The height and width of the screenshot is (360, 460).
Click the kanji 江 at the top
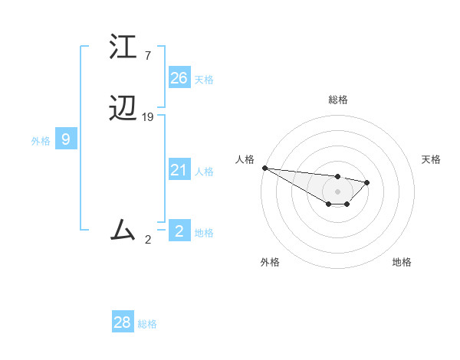pos(123,47)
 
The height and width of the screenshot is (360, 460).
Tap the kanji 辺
pos(123,109)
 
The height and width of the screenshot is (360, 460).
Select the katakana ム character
pos(123,229)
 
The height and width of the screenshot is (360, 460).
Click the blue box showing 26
pos(179,77)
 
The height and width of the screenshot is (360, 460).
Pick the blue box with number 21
pos(179,170)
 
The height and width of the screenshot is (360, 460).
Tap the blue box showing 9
pos(66,139)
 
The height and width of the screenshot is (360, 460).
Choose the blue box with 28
pos(123,322)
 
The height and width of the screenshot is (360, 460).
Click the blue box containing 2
pos(179,231)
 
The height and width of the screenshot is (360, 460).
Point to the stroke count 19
pos(148,117)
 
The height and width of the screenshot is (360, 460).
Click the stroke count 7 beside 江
pos(147,56)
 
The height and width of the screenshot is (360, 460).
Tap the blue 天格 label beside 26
pos(204,79)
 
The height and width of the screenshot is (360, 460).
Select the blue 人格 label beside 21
pos(204,172)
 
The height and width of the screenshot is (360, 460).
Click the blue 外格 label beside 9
pos(41,141)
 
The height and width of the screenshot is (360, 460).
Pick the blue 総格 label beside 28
pos(147,324)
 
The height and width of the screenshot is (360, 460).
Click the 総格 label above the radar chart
pos(337,100)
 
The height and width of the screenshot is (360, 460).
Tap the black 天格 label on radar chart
pos(432,159)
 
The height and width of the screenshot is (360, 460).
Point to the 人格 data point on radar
pos(264,168)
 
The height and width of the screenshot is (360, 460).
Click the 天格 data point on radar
pos(367,182)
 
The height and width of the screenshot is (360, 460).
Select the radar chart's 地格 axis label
pos(402,262)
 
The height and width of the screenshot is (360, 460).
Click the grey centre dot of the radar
pos(337,191)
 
